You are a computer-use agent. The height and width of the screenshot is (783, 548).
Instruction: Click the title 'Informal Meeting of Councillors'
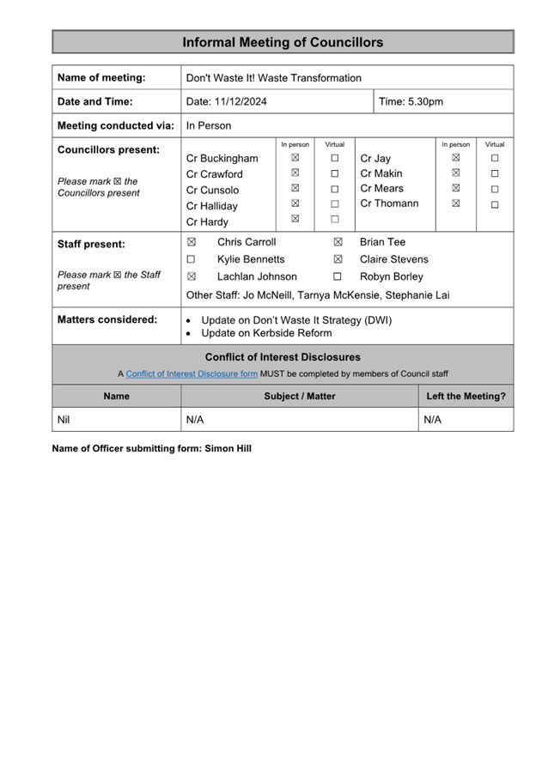tap(283, 42)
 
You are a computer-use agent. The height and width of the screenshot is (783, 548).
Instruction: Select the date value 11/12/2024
tap(241, 102)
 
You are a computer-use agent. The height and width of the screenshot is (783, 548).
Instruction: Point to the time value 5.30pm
tap(425, 102)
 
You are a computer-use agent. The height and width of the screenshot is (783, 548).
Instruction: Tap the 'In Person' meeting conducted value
tap(209, 125)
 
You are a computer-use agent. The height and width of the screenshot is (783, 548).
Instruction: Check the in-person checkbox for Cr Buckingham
tap(295, 158)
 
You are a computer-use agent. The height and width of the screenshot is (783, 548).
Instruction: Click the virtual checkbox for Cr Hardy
tap(335, 220)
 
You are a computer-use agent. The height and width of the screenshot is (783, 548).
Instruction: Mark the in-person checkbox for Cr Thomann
tap(456, 203)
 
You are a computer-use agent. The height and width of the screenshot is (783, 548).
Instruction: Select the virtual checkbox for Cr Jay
tap(495, 158)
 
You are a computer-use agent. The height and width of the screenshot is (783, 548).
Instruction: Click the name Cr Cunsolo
tap(213, 190)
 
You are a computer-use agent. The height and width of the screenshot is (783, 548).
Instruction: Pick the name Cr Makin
tap(381, 173)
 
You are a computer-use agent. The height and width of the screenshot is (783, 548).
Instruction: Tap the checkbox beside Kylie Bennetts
tap(192, 259)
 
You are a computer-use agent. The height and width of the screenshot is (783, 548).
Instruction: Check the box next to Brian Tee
tap(338, 243)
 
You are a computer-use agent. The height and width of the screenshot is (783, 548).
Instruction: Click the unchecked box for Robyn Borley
tap(338, 276)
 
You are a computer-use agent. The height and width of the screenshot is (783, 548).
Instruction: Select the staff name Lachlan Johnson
tap(257, 276)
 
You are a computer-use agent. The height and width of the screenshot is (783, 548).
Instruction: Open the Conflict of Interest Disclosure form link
tap(192, 373)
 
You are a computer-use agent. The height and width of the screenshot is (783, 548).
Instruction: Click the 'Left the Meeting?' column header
tap(466, 396)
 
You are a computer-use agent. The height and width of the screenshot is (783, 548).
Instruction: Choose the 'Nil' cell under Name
tap(64, 420)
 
